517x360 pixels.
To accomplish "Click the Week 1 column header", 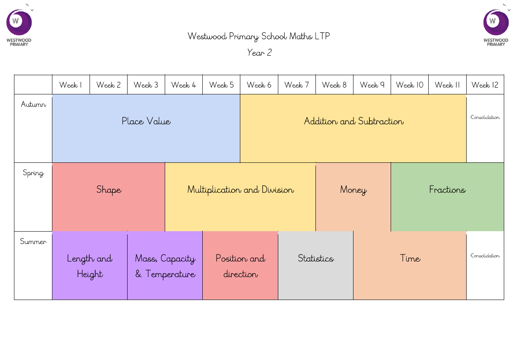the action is [71, 85].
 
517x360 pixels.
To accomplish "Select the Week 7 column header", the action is [297, 85].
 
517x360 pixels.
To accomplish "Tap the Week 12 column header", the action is [485, 85].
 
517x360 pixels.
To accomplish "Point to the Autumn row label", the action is [34, 104].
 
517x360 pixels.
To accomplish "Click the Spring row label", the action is [34, 173].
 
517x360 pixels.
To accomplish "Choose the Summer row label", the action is [33, 242].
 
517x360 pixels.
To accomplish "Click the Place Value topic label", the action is [146, 121].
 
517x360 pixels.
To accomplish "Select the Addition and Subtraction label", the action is [354, 121].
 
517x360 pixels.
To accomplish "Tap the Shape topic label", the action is [109, 190].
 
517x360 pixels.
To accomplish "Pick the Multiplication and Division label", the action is [240, 190].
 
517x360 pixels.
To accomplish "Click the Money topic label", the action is [353, 190].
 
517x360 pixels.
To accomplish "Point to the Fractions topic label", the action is [447, 190].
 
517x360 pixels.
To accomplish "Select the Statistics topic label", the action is [316, 258].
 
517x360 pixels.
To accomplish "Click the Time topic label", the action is [410, 258].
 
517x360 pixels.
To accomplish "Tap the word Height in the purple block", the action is [90, 274].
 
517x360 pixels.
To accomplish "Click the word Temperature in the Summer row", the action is [170, 274].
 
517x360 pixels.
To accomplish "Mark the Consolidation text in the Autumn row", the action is [485, 117].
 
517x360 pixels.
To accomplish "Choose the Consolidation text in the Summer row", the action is [485, 256].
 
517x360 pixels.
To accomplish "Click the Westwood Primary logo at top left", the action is [19, 25].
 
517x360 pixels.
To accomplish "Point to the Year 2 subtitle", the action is [259, 53].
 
